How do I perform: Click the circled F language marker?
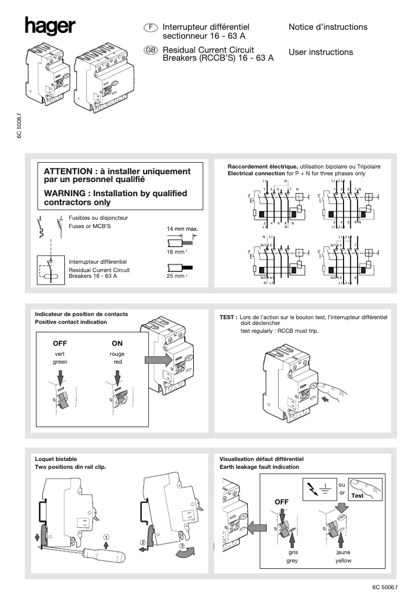(x=151, y=27)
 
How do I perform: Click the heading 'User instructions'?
(x=320, y=52)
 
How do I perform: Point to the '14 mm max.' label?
(x=182, y=229)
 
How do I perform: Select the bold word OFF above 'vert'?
(x=60, y=344)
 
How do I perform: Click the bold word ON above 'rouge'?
(x=117, y=344)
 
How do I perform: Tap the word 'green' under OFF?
(x=60, y=362)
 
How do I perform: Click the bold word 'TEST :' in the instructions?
(x=228, y=317)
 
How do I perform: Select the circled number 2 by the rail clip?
(x=142, y=543)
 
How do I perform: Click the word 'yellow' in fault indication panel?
(x=344, y=561)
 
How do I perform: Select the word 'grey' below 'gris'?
(x=292, y=561)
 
